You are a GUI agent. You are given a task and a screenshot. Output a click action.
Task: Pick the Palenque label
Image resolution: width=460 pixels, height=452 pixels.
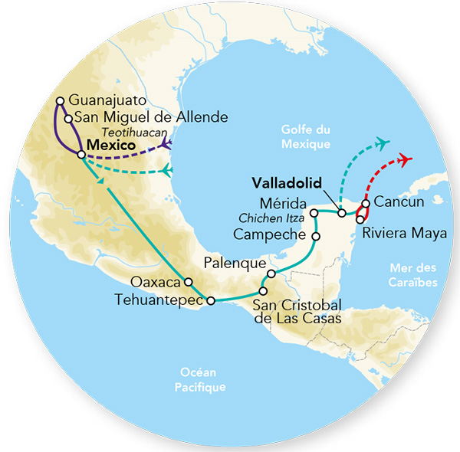click(233, 262)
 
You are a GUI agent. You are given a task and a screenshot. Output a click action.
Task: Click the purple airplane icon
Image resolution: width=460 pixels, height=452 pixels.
click(165, 146)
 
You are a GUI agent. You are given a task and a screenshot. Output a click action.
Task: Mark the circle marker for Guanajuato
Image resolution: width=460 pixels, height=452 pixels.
click(61, 100)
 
